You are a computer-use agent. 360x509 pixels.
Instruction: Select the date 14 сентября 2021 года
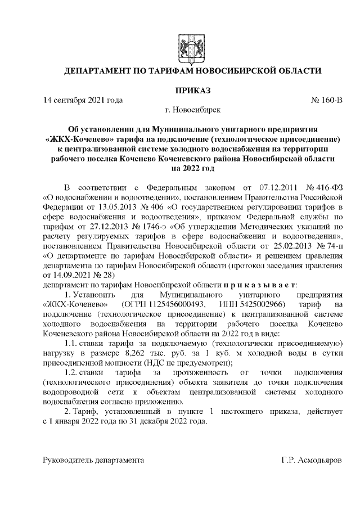click(83, 101)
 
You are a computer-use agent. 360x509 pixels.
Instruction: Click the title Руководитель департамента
click(94, 461)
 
